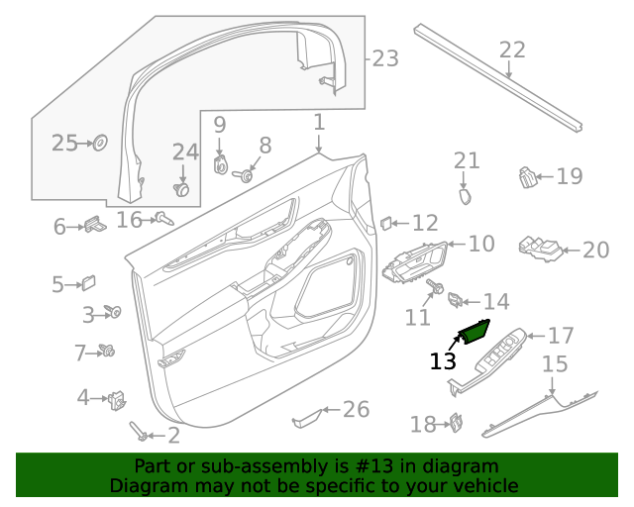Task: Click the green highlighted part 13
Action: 473,331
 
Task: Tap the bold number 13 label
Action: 443,362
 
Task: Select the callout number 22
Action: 512,50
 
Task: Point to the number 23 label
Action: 385,59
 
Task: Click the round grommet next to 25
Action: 100,144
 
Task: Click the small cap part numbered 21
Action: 464,195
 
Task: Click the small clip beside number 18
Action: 458,423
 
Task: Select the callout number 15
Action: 555,362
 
